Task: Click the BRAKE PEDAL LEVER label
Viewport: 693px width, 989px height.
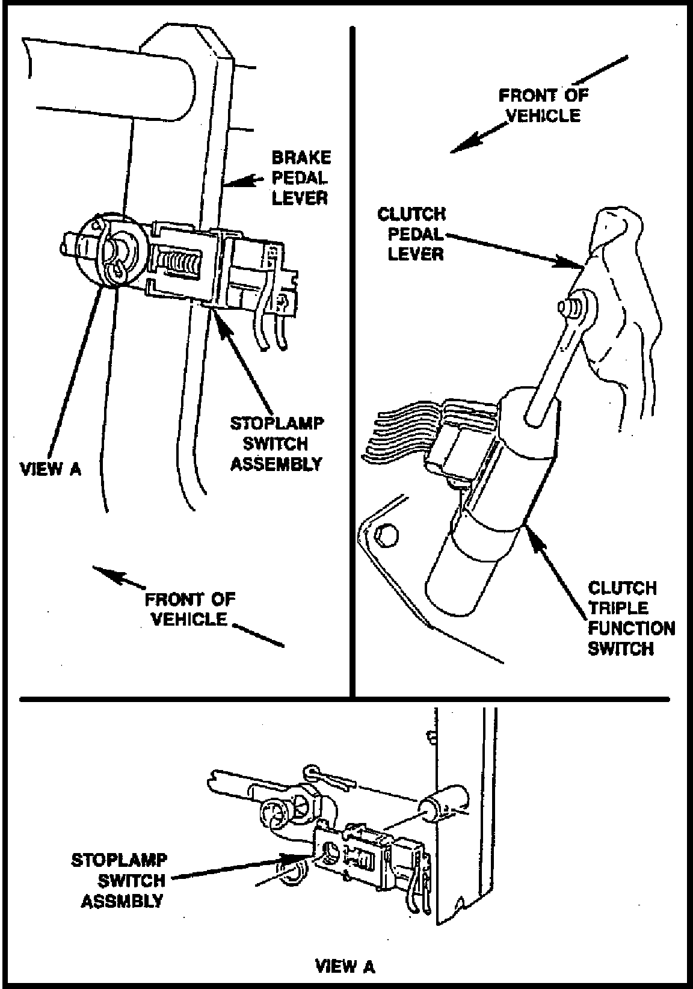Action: click(x=300, y=177)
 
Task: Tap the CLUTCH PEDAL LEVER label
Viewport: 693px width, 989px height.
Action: click(x=412, y=233)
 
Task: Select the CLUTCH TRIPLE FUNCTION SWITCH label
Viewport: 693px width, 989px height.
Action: click(x=630, y=618)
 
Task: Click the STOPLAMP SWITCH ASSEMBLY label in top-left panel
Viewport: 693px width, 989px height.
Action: click(x=276, y=443)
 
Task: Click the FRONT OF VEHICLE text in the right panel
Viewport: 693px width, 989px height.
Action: click(x=543, y=105)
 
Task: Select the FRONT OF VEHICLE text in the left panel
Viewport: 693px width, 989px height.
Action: click(x=189, y=609)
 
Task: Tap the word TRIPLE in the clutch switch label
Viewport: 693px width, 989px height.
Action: click(x=614, y=608)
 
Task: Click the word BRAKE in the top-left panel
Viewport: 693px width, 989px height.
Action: click(x=301, y=158)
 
